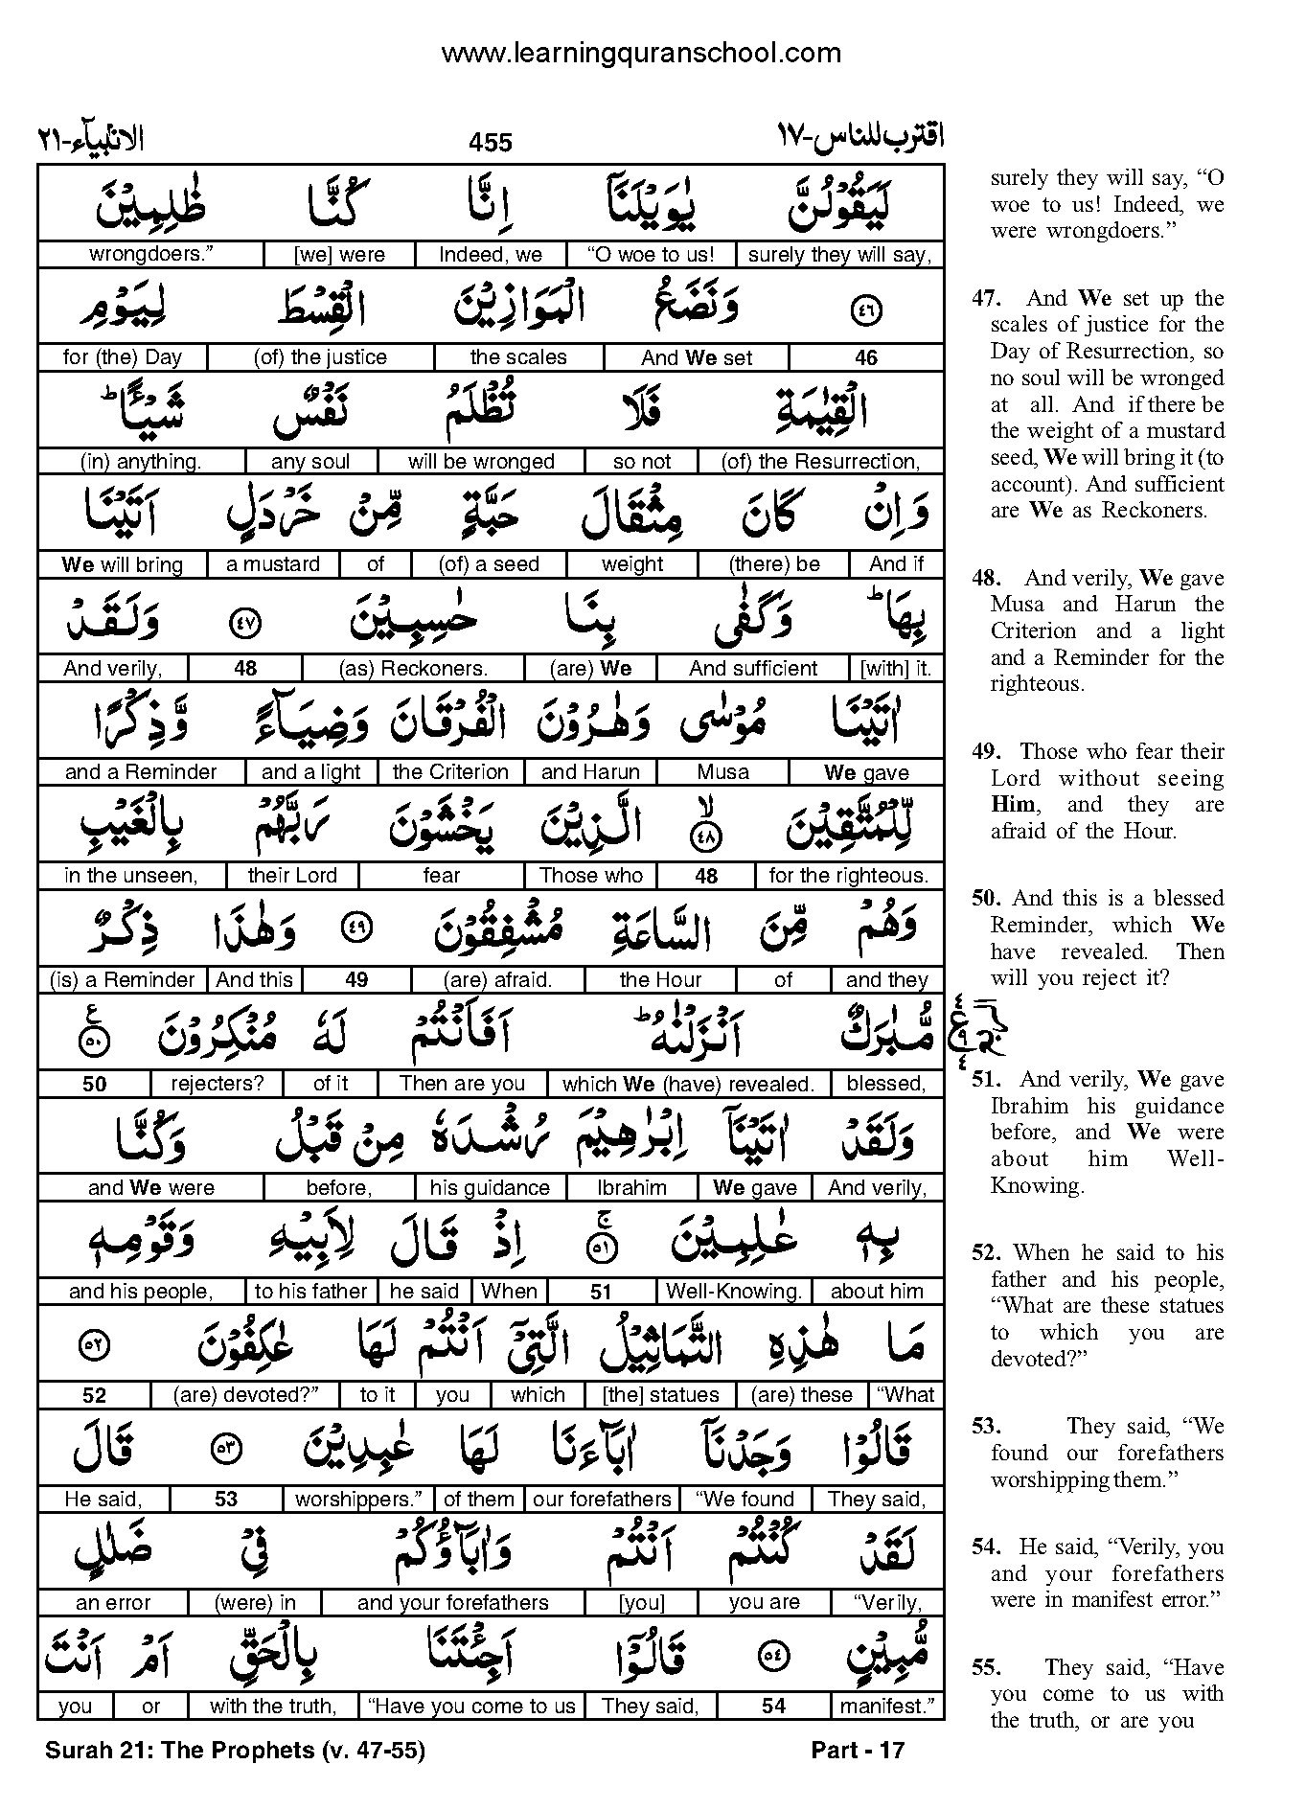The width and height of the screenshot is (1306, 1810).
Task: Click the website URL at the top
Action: [640, 53]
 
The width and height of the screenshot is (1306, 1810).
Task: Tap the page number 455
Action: [491, 143]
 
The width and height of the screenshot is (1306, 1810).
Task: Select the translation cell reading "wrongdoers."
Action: [150, 255]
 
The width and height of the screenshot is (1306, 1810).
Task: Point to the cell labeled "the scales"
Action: [518, 357]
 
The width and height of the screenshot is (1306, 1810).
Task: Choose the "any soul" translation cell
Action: [310, 462]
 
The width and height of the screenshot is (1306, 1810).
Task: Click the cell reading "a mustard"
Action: [273, 564]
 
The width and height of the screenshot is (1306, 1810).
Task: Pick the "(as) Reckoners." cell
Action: [413, 669]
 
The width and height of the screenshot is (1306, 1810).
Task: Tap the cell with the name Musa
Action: [723, 772]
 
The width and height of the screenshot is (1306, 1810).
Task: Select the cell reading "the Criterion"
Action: [450, 772]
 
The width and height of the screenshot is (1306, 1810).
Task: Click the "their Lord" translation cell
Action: [292, 876]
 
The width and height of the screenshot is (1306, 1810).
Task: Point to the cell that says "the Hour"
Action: [660, 980]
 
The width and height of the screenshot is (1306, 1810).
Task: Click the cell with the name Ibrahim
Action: [631, 1188]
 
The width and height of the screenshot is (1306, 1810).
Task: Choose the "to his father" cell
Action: [311, 1292]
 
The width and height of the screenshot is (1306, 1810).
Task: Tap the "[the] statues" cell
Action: [660, 1395]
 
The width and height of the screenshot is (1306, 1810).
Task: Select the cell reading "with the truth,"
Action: [272, 1707]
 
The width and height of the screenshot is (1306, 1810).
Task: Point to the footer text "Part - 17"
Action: [858, 1751]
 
